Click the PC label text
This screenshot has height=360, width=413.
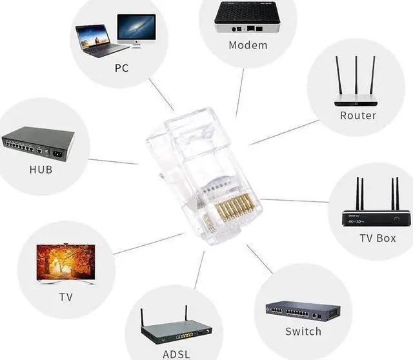click(121, 68)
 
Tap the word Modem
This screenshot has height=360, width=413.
click(248, 45)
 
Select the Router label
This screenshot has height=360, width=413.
click(358, 115)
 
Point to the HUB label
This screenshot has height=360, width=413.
click(41, 170)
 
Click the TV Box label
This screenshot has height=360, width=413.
click(378, 238)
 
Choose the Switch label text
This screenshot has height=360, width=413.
click(303, 332)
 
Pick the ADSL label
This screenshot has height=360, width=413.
click(176, 354)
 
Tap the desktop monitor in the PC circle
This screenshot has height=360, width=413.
click(136, 29)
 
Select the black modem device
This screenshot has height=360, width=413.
click(248, 17)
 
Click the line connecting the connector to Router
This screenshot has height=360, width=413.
click(284, 132)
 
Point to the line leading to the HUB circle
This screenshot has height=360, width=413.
click(113, 161)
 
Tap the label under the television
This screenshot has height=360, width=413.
click(66, 297)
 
